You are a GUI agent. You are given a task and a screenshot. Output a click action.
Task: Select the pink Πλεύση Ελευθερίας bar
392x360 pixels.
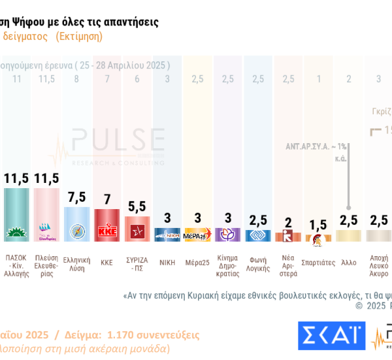pos(46,215)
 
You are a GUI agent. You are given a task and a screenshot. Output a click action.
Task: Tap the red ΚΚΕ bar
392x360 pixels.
pos(106,225)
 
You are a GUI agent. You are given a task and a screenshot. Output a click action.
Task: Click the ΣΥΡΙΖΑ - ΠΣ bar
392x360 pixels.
pos(137,229)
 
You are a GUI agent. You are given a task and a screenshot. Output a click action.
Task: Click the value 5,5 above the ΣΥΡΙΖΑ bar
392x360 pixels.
pos(137,206)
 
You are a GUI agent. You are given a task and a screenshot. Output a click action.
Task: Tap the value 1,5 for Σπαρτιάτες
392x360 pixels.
pos(318,225)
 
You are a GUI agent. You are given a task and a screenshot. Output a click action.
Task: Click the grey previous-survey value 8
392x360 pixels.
pos(76,79)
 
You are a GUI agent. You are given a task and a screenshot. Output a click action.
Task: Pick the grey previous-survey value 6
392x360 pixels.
pos(137,79)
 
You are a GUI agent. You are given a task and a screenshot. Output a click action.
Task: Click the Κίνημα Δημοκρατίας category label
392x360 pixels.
pos(227,267)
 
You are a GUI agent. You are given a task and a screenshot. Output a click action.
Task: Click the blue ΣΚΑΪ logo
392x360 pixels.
pos(331,335)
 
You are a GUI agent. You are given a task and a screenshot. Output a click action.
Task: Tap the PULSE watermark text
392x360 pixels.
pos(118,140)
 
